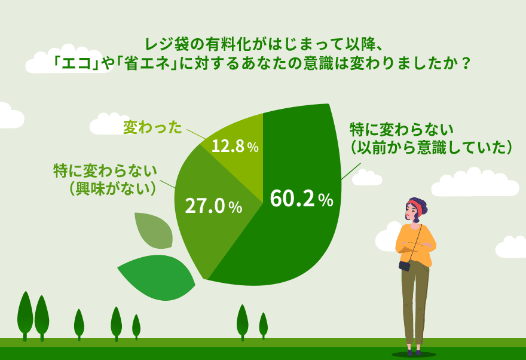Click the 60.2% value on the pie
302,199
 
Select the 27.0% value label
213,206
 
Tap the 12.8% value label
235,146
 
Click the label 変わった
152,127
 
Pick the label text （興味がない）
112,188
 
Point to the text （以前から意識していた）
431,147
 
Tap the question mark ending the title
464,63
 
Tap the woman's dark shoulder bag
405,266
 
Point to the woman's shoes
413,352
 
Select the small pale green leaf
154,230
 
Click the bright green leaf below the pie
157,277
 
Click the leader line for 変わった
197,134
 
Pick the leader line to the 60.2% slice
351,171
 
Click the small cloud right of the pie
368,177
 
